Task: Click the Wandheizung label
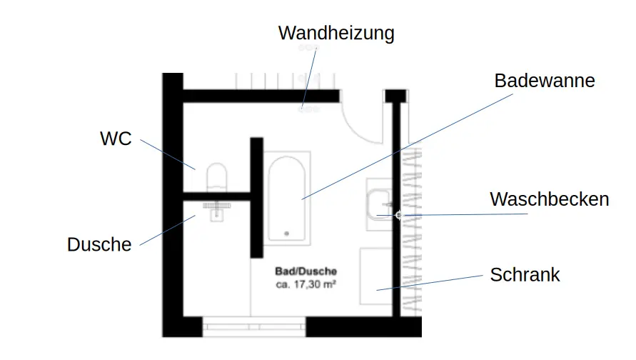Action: (x=335, y=33)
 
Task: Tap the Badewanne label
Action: (x=544, y=81)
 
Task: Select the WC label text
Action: (x=116, y=139)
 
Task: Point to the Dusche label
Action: (x=99, y=244)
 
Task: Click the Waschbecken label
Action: (x=549, y=199)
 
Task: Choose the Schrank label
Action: (x=525, y=274)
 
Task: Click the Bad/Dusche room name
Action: (x=306, y=271)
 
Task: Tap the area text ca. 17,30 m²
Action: (x=306, y=284)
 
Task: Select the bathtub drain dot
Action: (x=287, y=233)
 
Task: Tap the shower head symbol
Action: (x=216, y=207)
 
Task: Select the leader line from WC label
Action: (x=167, y=154)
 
